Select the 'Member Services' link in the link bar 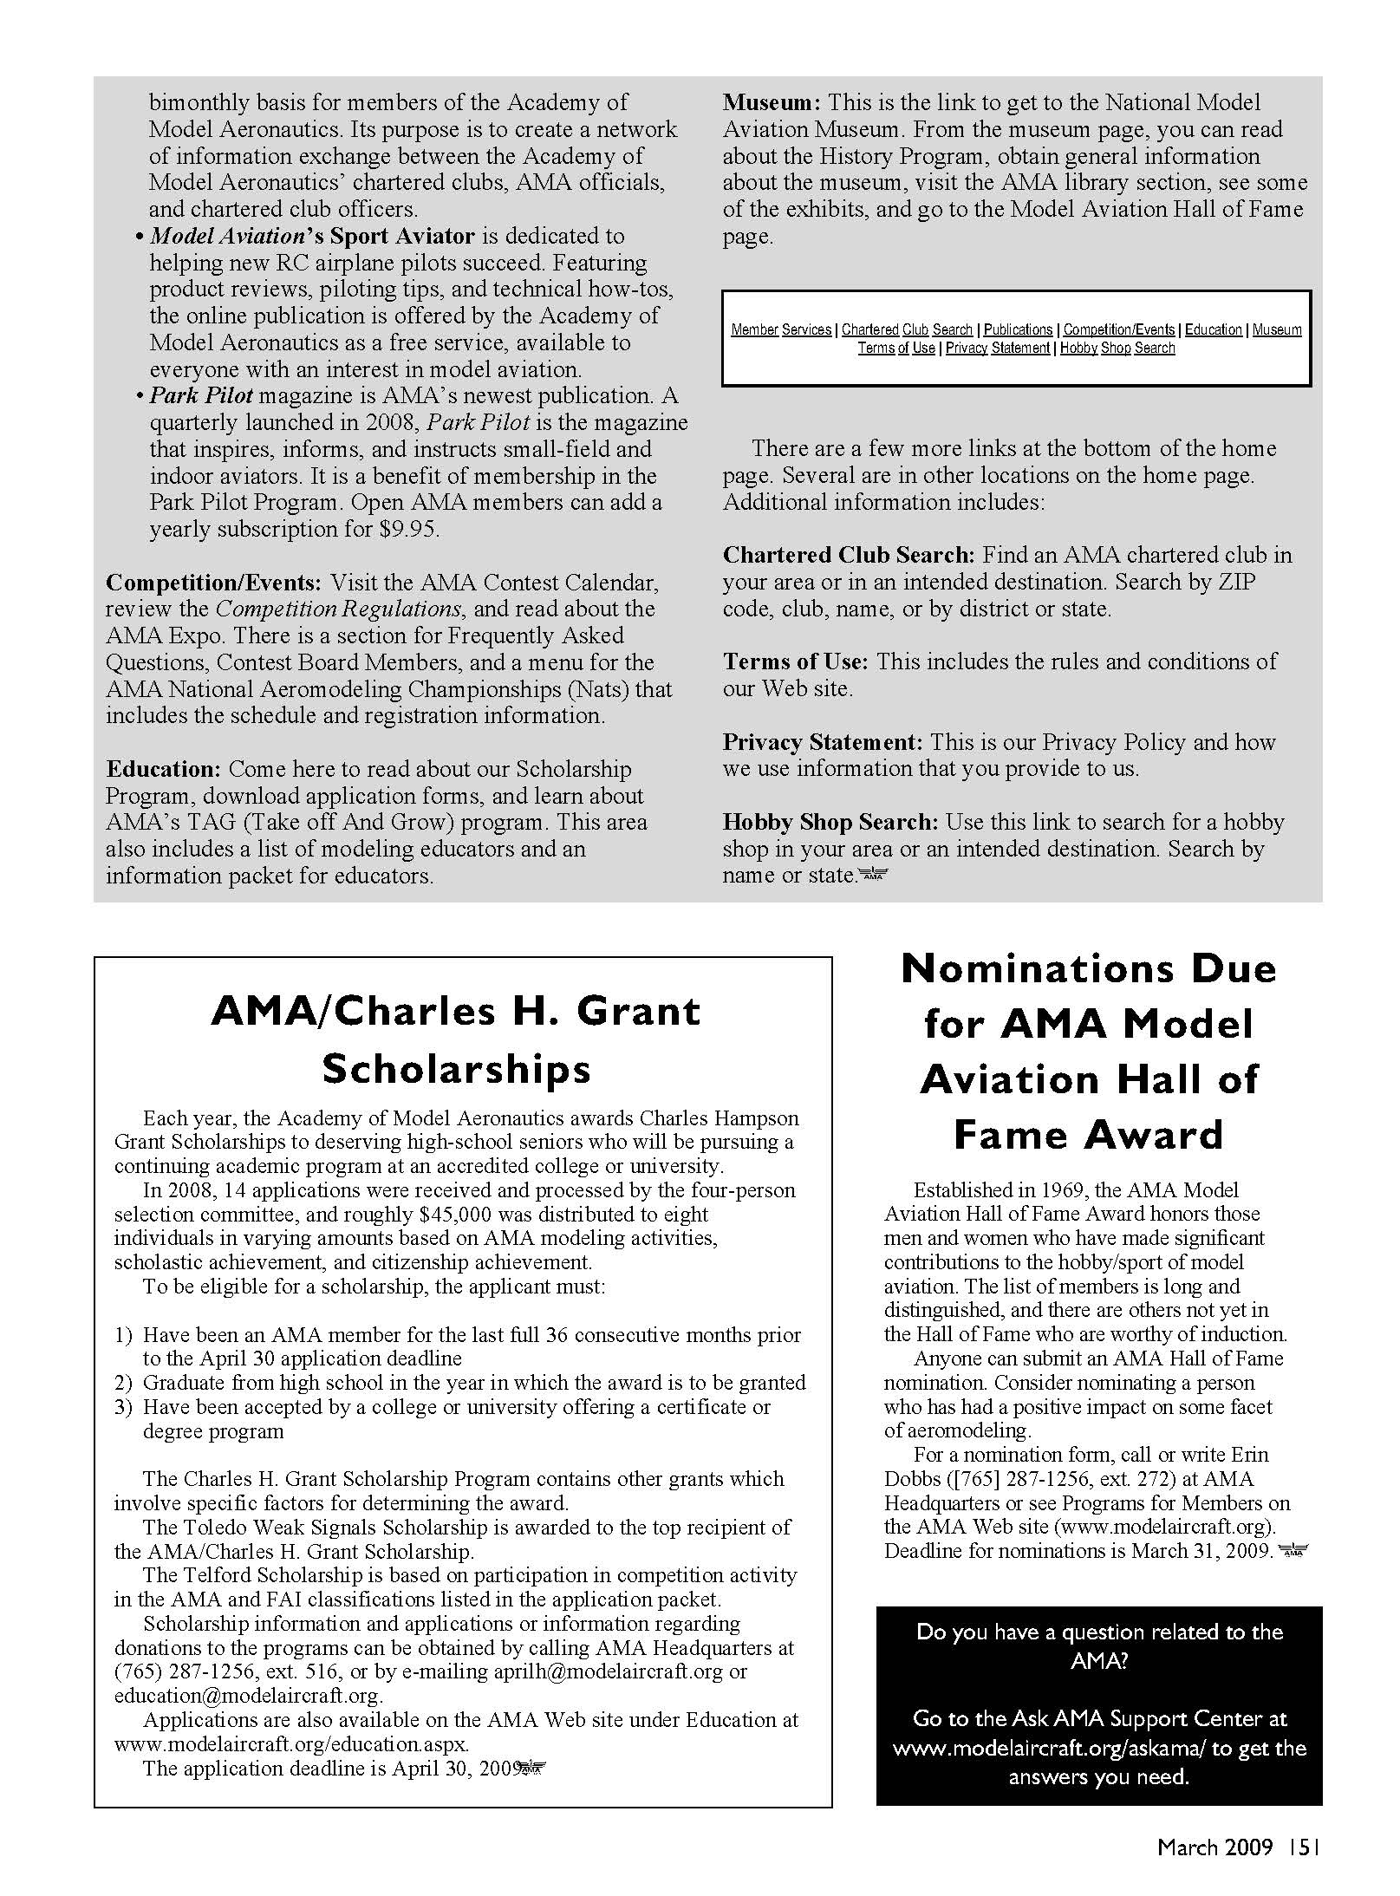(781, 330)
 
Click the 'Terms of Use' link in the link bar (896, 349)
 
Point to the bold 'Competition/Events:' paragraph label (213, 583)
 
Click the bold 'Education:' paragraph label (164, 769)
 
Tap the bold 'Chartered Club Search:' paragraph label (849, 555)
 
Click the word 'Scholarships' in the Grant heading (456, 1070)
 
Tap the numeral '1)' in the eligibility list (123, 1335)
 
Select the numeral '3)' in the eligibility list (123, 1407)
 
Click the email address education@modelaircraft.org (248, 1696)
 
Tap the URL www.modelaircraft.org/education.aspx (291, 1743)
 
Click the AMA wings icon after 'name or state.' (873, 876)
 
